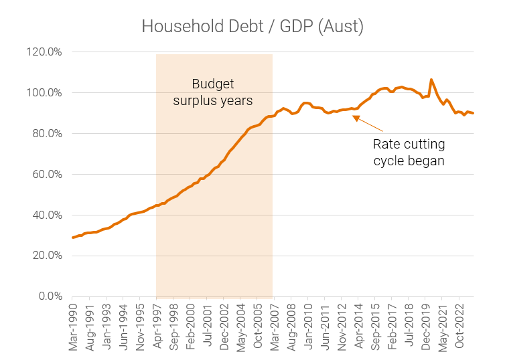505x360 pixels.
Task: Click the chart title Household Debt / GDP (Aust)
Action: [x=252, y=26]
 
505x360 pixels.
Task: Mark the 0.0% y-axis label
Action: [x=50, y=296]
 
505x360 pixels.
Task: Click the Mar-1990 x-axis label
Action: [x=73, y=327]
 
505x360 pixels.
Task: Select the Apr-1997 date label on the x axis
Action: [x=157, y=327]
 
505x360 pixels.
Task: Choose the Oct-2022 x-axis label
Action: [x=459, y=327]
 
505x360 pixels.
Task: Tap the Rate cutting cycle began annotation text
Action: [x=409, y=152]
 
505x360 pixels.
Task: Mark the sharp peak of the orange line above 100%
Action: [x=431, y=80]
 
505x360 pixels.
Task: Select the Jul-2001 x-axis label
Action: [x=208, y=327]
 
